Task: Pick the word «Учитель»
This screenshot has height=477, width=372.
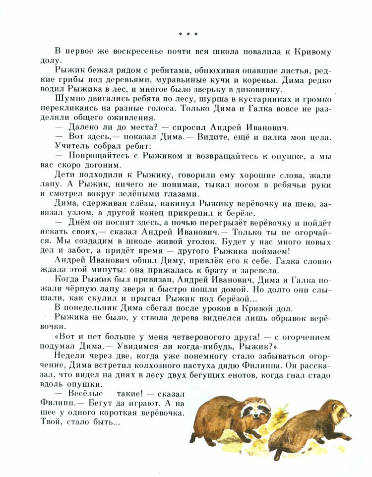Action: (x=72, y=146)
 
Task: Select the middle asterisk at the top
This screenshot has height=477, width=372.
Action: (x=188, y=34)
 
